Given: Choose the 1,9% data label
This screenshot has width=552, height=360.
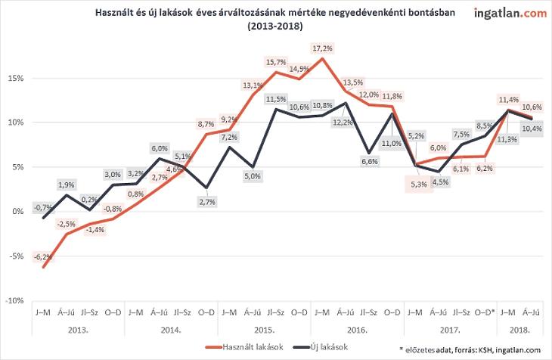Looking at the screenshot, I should (66, 185).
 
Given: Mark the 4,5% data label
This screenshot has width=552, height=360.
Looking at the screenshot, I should (436, 180).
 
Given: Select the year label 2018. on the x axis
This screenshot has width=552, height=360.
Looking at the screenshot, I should (519, 331).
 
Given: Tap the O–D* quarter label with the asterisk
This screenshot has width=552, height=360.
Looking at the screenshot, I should (484, 312).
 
